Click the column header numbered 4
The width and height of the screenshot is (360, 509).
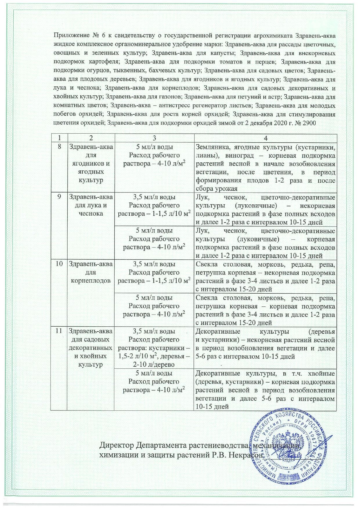pos(265,138)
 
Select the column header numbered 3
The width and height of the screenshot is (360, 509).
pos(154,138)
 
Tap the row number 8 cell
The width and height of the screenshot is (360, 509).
pos(59,146)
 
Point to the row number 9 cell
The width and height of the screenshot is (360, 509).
pos(59,197)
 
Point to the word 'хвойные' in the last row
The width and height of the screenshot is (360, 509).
pos(323,373)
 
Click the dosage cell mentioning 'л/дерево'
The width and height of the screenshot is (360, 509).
pos(154,348)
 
